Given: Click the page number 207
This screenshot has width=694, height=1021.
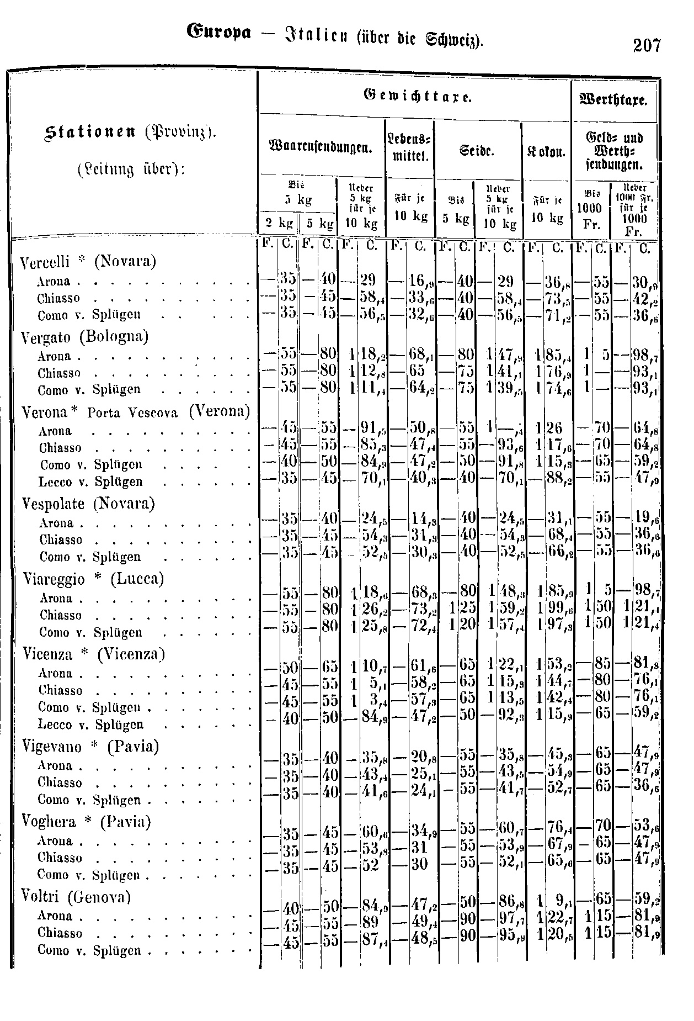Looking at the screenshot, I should (647, 45).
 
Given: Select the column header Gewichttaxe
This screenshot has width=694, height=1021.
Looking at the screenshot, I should (417, 98).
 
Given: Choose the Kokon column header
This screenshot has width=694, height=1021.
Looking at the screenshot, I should (546, 150).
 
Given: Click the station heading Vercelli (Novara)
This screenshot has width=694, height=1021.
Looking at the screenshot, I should (88, 261).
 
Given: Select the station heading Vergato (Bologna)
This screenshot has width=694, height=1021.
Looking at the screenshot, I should (84, 336).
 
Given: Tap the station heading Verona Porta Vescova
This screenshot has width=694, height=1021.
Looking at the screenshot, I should (136, 412).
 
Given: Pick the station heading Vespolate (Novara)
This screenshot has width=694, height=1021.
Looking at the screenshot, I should (88, 504).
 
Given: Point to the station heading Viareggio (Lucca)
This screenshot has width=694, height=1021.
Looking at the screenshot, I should (94, 579).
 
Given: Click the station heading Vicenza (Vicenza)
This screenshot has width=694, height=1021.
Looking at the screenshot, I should (94, 654).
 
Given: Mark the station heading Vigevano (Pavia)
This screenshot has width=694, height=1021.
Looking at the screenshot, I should (90, 747).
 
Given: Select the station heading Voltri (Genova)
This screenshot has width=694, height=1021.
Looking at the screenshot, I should (76, 897).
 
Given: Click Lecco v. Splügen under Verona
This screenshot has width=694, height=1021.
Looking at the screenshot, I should (90, 482).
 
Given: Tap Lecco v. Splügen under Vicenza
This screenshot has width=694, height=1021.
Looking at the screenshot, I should (90, 724).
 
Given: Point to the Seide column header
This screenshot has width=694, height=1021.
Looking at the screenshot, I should (477, 150).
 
